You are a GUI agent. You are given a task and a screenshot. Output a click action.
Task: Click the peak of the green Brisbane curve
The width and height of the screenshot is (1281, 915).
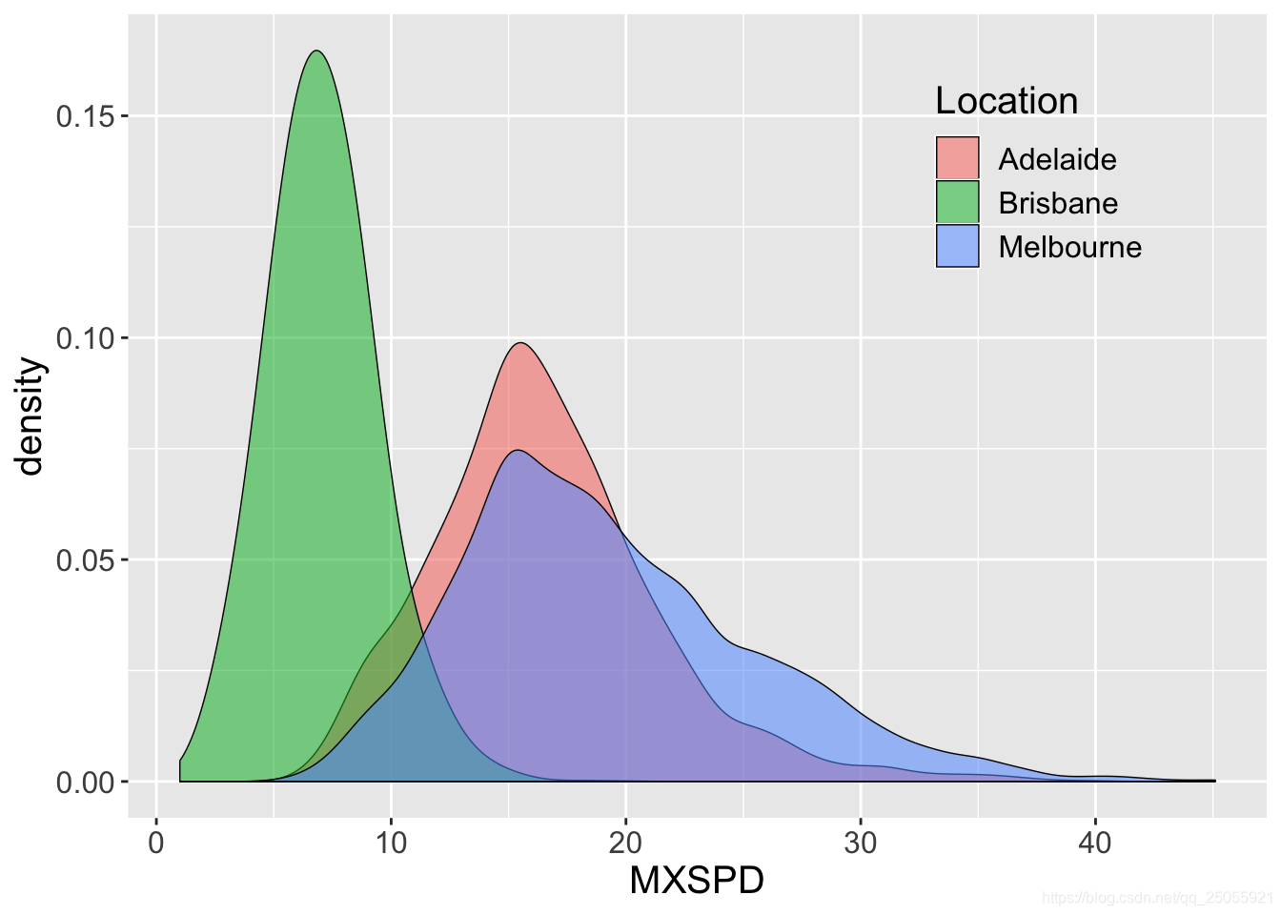click(316, 51)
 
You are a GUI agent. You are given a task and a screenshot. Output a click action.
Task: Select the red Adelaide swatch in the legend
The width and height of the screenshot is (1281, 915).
click(957, 158)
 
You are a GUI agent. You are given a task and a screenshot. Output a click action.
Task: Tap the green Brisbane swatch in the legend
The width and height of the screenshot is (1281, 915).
click(957, 202)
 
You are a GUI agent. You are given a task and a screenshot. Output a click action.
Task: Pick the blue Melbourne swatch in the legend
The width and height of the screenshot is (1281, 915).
click(957, 246)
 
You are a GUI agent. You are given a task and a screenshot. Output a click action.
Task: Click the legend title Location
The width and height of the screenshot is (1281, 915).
click(1006, 101)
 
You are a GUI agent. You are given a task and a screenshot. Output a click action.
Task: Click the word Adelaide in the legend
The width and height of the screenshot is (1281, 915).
click(1057, 159)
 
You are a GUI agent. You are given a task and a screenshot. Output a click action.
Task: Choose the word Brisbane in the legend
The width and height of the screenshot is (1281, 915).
click(1058, 203)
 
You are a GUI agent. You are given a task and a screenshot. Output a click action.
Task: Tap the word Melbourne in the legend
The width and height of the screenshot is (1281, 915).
click(1069, 247)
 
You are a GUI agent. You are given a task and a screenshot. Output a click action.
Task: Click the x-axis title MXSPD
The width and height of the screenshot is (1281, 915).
click(697, 881)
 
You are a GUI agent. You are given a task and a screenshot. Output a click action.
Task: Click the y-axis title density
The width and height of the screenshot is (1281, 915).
click(30, 416)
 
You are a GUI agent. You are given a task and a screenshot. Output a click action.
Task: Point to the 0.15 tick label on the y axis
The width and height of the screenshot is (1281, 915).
click(86, 116)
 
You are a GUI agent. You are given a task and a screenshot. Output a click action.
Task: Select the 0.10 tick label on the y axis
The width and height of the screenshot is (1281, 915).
click(86, 338)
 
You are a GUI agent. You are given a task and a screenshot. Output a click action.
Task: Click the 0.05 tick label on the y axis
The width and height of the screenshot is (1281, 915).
click(86, 560)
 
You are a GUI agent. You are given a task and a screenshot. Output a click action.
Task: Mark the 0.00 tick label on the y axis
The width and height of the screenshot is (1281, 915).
click(86, 783)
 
